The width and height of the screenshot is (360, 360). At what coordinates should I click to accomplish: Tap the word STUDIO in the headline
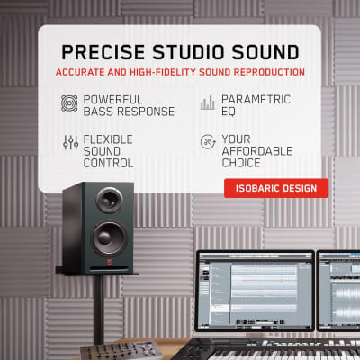pos(179,49)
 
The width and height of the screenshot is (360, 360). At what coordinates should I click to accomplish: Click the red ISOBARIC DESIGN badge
pos(275,187)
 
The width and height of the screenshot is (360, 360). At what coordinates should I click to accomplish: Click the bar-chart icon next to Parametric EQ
pos(207,103)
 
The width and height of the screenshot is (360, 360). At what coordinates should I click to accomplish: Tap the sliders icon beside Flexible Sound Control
pos(69,144)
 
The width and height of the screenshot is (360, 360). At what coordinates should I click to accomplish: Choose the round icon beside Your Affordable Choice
pos(207,143)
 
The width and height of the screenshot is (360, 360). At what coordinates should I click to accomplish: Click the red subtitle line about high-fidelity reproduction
pos(180,71)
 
